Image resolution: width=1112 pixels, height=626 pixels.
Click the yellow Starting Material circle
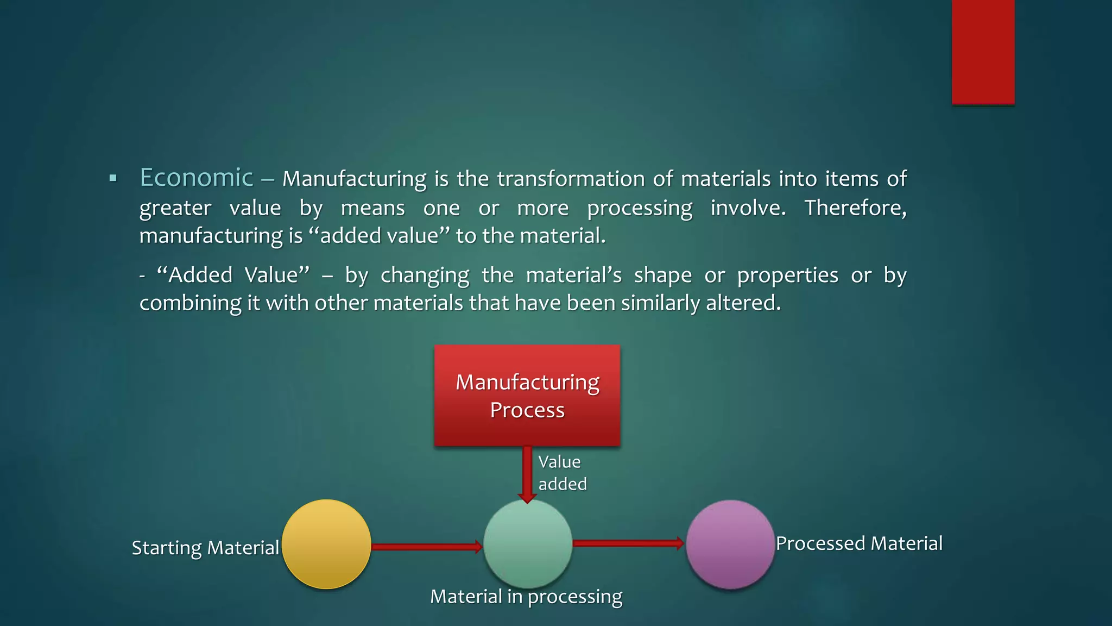click(x=326, y=544)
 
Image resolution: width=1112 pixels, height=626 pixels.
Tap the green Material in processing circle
click(x=528, y=543)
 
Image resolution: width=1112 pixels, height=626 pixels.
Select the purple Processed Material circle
click(x=730, y=544)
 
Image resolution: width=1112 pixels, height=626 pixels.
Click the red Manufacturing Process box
click(x=527, y=395)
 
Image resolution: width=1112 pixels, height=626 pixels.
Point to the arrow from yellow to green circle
click(x=426, y=547)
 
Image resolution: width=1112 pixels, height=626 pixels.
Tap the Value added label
click(x=562, y=473)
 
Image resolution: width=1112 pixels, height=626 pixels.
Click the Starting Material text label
click(x=205, y=548)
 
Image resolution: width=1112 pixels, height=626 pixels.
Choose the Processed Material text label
click(x=859, y=543)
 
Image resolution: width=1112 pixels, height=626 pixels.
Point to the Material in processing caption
click(x=526, y=597)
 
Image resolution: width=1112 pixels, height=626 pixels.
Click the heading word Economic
click(x=197, y=178)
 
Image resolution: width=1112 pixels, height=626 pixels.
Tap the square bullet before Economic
click(x=113, y=178)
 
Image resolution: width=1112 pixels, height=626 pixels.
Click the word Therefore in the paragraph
click(x=855, y=208)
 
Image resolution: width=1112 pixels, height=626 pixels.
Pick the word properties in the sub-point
click(x=787, y=276)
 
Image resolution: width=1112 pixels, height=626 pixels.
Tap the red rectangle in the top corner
click(x=983, y=52)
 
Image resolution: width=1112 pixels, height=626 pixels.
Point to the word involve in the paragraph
click(x=748, y=208)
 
